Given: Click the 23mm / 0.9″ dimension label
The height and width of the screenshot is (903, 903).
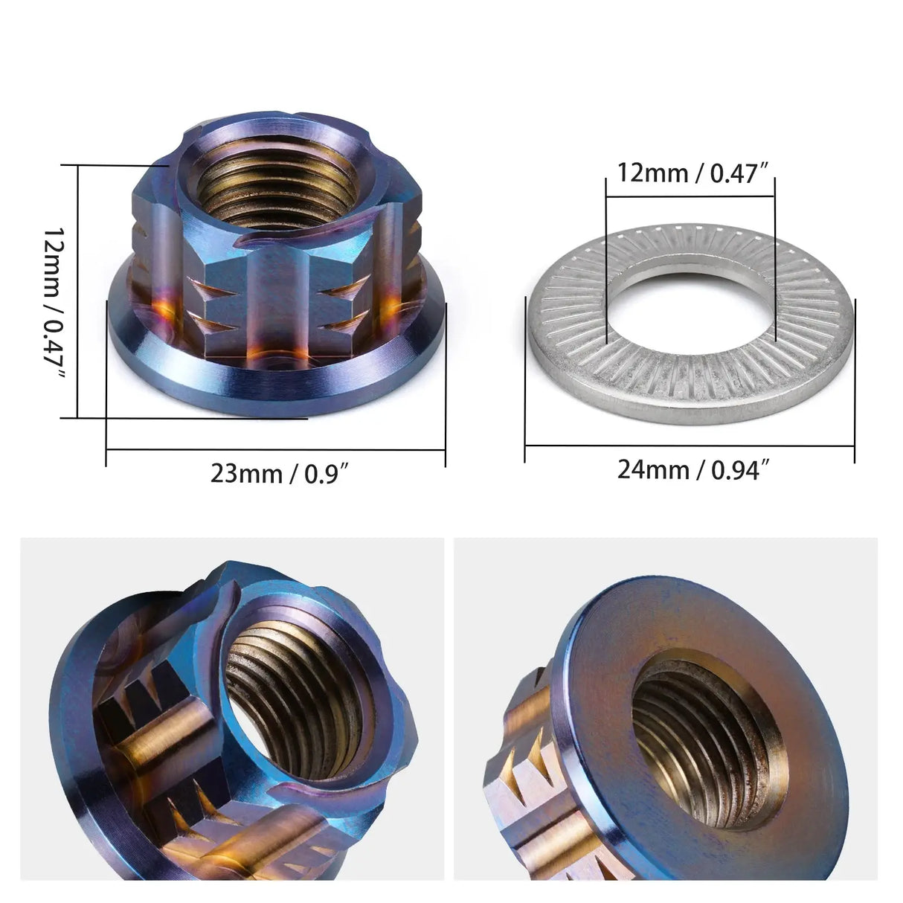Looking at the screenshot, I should point(280,473).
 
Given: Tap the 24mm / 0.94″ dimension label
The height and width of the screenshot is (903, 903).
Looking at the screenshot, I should point(692,469).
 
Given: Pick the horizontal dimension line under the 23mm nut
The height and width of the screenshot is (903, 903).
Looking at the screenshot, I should point(275,449).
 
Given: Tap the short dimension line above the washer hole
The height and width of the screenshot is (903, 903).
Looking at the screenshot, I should point(690,197).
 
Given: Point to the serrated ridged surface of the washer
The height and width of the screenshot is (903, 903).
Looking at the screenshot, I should point(692,372).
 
